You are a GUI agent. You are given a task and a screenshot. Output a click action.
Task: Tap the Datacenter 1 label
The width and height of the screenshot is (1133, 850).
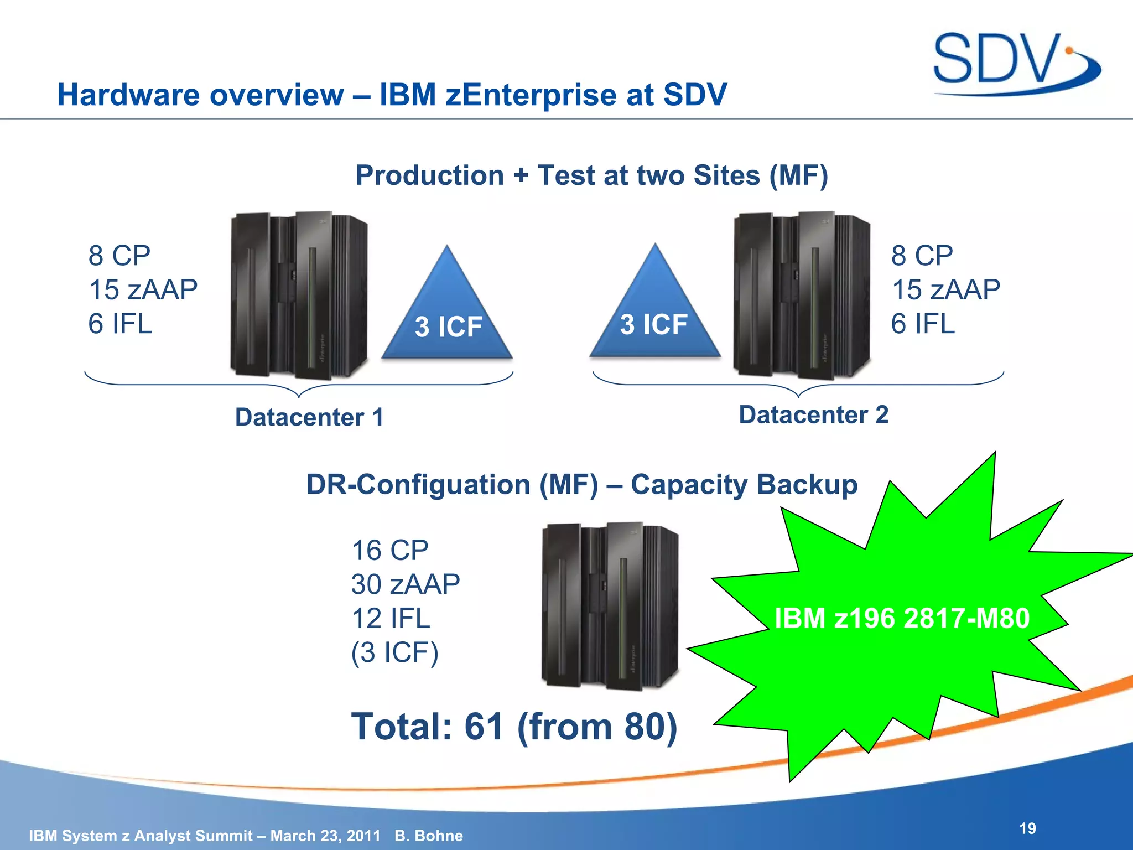309,417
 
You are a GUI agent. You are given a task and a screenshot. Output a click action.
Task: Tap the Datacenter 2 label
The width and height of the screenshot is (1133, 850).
813,415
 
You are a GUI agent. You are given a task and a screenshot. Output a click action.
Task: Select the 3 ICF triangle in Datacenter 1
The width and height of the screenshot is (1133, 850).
448,315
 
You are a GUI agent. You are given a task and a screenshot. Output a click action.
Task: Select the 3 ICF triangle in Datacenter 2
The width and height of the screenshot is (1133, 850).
654,314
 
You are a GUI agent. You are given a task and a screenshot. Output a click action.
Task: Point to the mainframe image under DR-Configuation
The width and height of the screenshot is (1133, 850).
610,605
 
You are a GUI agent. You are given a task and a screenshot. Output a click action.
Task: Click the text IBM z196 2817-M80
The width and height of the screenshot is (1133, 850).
902,618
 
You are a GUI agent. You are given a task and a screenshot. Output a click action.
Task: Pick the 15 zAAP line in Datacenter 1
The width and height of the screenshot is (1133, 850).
143,289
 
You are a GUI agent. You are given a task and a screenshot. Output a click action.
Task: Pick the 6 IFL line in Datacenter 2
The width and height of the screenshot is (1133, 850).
923,324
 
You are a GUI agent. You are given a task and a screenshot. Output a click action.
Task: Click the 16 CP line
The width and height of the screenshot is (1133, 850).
390,551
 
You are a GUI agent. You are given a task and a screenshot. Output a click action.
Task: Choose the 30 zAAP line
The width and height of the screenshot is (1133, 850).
406,584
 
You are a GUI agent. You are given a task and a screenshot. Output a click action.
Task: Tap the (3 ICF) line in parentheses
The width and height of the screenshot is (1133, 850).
395,652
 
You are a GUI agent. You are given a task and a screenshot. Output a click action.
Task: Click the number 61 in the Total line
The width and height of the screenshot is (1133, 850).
484,727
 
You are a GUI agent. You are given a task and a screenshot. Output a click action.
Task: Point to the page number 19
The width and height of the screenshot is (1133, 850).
1027,828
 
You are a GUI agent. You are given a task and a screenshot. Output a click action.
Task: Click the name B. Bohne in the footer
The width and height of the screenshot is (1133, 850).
429,836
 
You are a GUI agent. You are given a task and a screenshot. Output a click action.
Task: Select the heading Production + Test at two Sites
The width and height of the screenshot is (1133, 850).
591,175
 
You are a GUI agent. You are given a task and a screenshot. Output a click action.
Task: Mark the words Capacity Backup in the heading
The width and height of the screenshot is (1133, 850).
744,485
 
